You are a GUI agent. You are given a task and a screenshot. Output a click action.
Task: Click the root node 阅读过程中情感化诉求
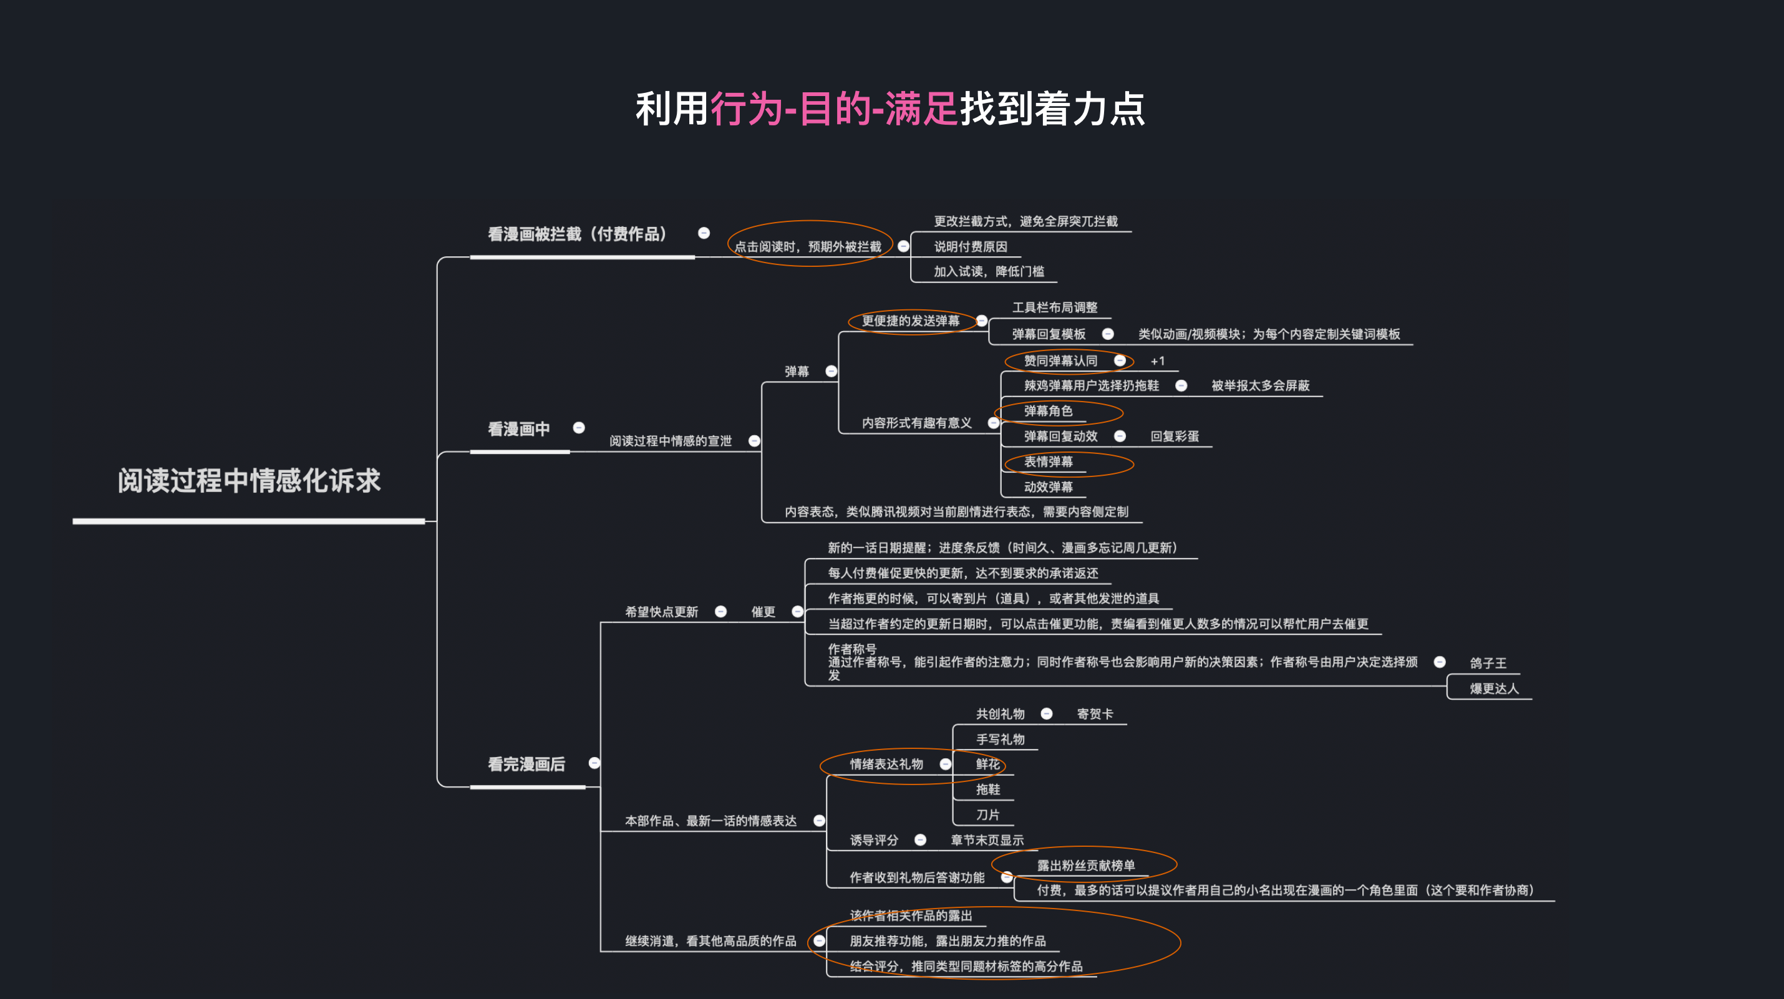pyautogui.click(x=250, y=480)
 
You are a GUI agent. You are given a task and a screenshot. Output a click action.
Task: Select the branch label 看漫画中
pyautogui.click(x=519, y=429)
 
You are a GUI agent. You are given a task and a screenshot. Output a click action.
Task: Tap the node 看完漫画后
pyautogui.click(x=526, y=765)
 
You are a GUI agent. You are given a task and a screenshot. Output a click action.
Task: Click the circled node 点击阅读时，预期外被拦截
pyautogui.click(x=808, y=246)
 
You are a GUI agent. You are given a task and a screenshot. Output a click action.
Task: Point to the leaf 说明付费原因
pyautogui.click(x=970, y=246)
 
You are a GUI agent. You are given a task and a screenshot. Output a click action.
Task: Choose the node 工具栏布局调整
pyautogui.click(x=1055, y=307)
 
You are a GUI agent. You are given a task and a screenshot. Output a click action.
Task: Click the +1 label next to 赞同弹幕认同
pyautogui.click(x=1157, y=360)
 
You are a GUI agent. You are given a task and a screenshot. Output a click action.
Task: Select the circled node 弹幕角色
pyautogui.click(x=1048, y=410)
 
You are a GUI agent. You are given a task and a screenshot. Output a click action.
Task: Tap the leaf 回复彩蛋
pyautogui.click(x=1175, y=436)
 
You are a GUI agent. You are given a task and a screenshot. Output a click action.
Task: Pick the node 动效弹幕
pyautogui.click(x=1048, y=486)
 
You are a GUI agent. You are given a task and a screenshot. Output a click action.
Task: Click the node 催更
pyautogui.click(x=763, y=611)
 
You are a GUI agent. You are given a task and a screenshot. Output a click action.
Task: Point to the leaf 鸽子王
pyautogui.click(x=1488, y=664)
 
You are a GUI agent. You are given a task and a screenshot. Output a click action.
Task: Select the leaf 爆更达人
pyautogui.click(x=1495, y=688)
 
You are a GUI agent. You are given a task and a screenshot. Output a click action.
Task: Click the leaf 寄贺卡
pyautogui.click(x=1095, y=714)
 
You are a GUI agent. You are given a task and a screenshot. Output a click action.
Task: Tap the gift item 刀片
pyautogui.click(x=987, y=815)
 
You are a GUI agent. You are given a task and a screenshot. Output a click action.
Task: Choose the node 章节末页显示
pyautogui.click(x=987, y=840)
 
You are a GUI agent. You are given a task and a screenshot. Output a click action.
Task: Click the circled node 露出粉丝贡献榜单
pyautogui.click(x=1086, y=866)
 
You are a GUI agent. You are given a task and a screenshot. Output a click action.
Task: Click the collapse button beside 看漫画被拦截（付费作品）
pyautogui.click(x=704, y=233)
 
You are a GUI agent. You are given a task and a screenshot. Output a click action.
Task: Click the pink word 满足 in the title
pyautogui.click(x=921, y=109)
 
